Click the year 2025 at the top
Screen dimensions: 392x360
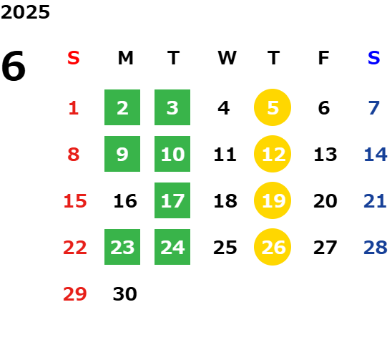point(25,12)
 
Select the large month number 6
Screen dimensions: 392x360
point(14,66)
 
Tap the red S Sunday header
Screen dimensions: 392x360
point(74,58)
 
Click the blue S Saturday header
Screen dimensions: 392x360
point(374,58)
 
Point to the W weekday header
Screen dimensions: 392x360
point(227,58)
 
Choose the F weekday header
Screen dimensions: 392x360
point(324,58)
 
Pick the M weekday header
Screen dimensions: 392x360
point(125,58)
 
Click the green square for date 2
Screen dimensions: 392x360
point(122,107)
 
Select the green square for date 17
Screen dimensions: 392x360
point(172,200)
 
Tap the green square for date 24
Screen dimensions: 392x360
point(172,247)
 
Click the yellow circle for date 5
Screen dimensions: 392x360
point(273,107)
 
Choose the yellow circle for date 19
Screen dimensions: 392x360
point(273,200)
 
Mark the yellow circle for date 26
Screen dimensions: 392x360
point(273,247)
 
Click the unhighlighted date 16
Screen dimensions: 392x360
point(125,201)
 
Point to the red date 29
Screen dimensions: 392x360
point(75,294)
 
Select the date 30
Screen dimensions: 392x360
point(125,294)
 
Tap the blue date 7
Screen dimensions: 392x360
point(374,108)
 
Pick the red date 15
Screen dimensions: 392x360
point(75,201)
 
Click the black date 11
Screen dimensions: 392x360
point(225,155)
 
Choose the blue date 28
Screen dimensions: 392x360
point(376,248)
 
